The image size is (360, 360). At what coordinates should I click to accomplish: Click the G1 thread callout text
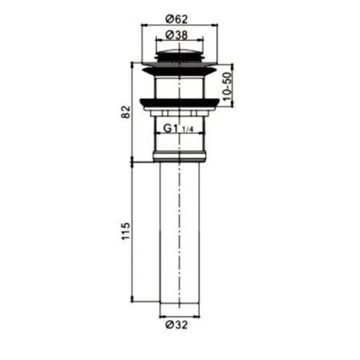pyautogui.click(x=170, y=127)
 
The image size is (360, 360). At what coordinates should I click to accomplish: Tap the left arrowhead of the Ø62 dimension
pyautogui.click(x=143, y=25)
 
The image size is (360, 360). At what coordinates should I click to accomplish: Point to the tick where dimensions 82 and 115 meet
pyautogui.click(x=134, y=163)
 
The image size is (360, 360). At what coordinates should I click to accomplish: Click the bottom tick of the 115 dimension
pyautogui.click(x=134, y=302)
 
